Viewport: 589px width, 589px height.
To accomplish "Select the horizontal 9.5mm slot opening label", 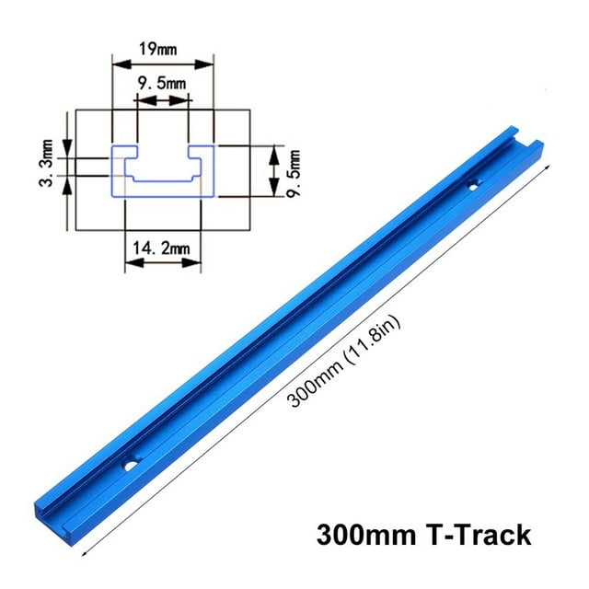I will (162, 84).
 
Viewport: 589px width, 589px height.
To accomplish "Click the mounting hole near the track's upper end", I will (472, 185).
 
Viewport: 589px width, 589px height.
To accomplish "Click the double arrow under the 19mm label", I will (163, 63).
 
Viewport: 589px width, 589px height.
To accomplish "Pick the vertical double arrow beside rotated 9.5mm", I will (271, 170).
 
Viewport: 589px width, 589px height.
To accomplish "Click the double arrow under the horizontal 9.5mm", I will (162, 102).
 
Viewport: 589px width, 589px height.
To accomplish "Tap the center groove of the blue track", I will (304, 323).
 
